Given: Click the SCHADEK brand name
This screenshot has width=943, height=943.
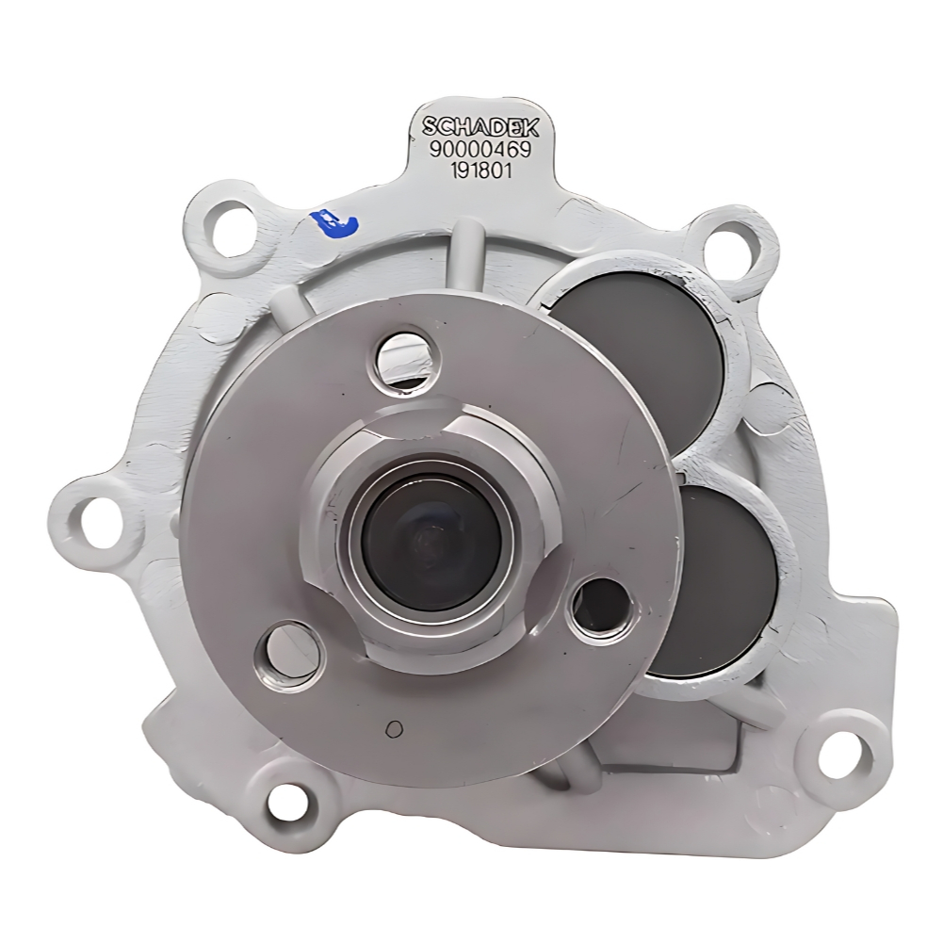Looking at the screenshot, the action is click(x=480, y=127).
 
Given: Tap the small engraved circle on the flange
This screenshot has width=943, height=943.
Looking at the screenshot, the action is click(x=394, y=729).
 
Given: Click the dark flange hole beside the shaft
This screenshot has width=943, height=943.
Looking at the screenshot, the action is click(x=601, y=608).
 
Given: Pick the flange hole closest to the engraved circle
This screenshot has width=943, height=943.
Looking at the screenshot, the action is click(x=285, y=657).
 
